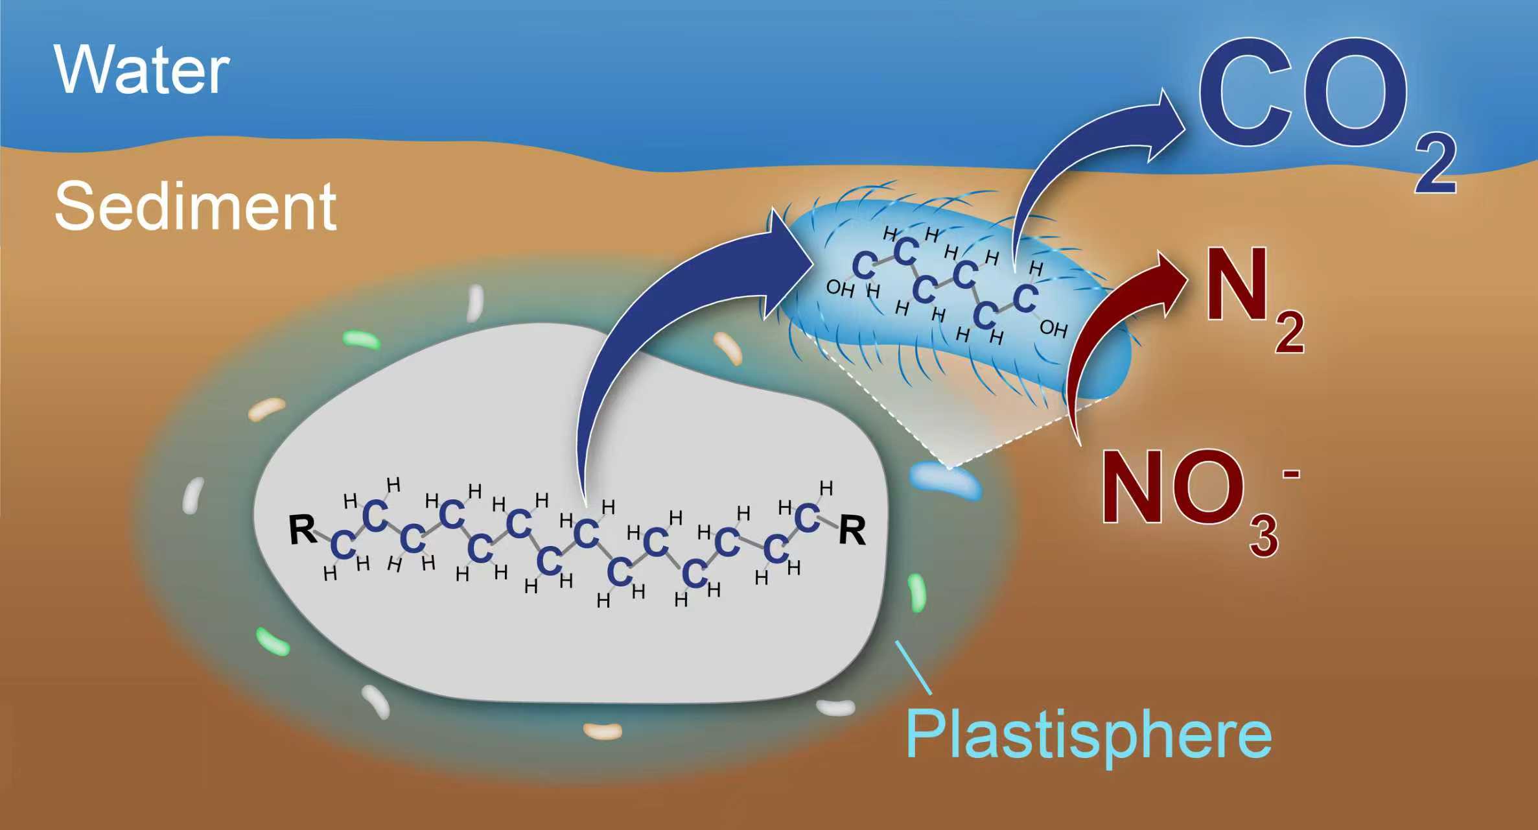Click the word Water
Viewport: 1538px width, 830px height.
pyautogui.click(x=141, y=70)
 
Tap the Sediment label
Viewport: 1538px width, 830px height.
pyautogui.click(x=195, y=206)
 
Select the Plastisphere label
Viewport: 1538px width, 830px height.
pyautogui.click(x=1088, y=735)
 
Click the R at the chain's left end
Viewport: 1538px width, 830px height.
pyautogui.click(x=302, y=530)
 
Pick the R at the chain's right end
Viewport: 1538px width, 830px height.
pyautogui.click(x=852, y=531)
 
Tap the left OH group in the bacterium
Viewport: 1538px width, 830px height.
pyautogui.click(x=840, y=289)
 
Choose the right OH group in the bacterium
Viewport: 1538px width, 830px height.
pyautogui.click(x=1053, y=329)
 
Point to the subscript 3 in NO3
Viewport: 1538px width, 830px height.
pyautogui.click(x=1264, y=536)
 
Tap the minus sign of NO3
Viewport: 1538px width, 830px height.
pyautogui.click(x=1290, y=475)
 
